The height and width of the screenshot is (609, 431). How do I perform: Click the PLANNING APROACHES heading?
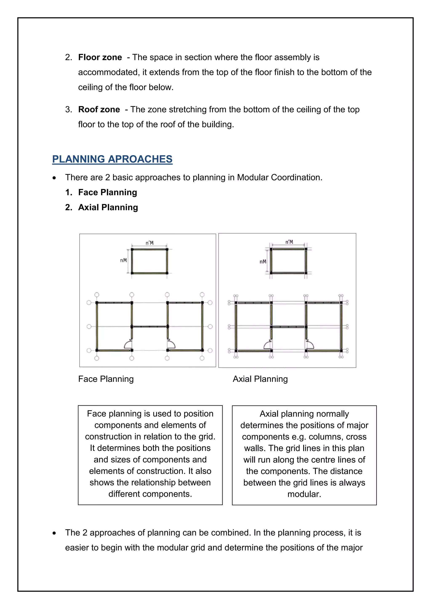pyautogui.click(x=112, y=159)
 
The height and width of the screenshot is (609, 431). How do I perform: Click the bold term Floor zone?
pyautogui.click(x=100, y=57)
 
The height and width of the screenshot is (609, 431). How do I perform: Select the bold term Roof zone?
pyautogui.click(x=99, y=109)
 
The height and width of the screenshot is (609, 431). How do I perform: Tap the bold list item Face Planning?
pyautogui.click(x=108, y=192)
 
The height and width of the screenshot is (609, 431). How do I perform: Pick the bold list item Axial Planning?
pyautogui.click(x=108, y=207)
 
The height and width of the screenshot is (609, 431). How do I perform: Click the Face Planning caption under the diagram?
pyautogui.click(x=106, y=379)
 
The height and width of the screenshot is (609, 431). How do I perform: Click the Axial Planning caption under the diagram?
pyautogui.click(x=260, y=379)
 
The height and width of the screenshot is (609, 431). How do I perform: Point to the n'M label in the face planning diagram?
pyautogui.click(x=149, y=243)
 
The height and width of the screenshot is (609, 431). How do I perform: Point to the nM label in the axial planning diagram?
pyautogui.click(x=263, y=262)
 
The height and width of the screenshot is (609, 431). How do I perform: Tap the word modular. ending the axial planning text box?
pyautogui.click(x=304, y=494)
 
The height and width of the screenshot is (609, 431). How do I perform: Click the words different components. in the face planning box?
pyautogui.click(x=150, y=494)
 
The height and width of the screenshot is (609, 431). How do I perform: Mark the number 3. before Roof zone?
pyautogui.click(x=68, y=109)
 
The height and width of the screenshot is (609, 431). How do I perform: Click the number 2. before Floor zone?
pyautogui.click(x=68, y=57)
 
